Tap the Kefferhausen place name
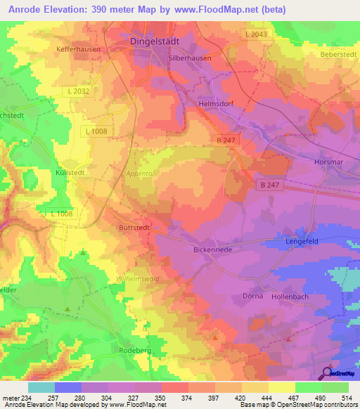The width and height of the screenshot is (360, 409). [x=78, y=50]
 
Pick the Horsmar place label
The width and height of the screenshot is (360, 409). [x=328, y=162]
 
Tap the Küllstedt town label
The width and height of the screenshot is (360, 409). [x=70, y=171]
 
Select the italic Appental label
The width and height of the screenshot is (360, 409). [x=139, y=173]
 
